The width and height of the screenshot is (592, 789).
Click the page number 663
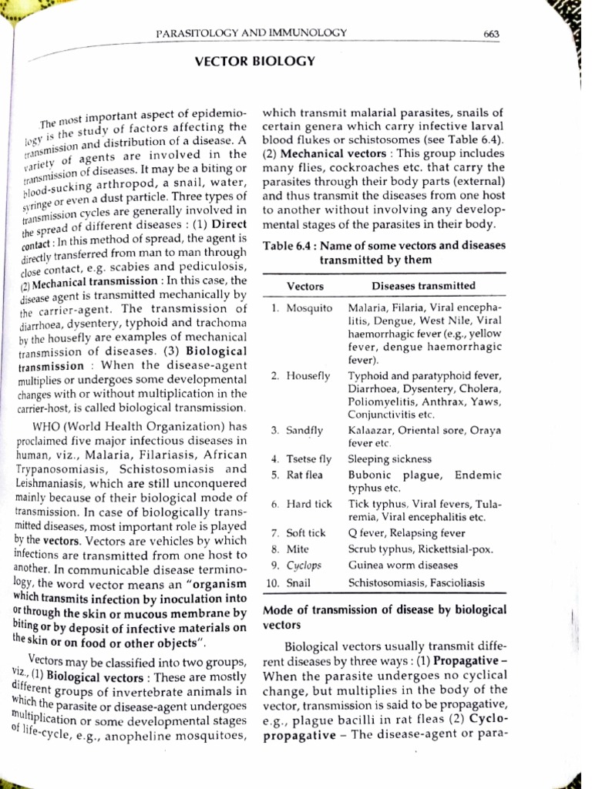tap(492, 33)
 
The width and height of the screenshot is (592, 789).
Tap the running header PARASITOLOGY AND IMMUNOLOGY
tap(251, 33)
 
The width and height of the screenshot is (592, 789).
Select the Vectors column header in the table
tap(305, 286)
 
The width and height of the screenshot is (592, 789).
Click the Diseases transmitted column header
tap(423, 286)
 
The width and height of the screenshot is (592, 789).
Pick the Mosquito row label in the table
tap(309, 307)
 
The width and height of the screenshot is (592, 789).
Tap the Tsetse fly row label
tap(308, 459)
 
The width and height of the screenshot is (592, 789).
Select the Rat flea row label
tap(305, 475)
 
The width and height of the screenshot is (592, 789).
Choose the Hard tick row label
tap(309, 504)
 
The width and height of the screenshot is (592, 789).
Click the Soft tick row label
tap(306, 532)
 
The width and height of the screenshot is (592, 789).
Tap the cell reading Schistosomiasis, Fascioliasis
tap(416, 583)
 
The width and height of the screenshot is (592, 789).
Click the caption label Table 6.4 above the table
tap(288, 246)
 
